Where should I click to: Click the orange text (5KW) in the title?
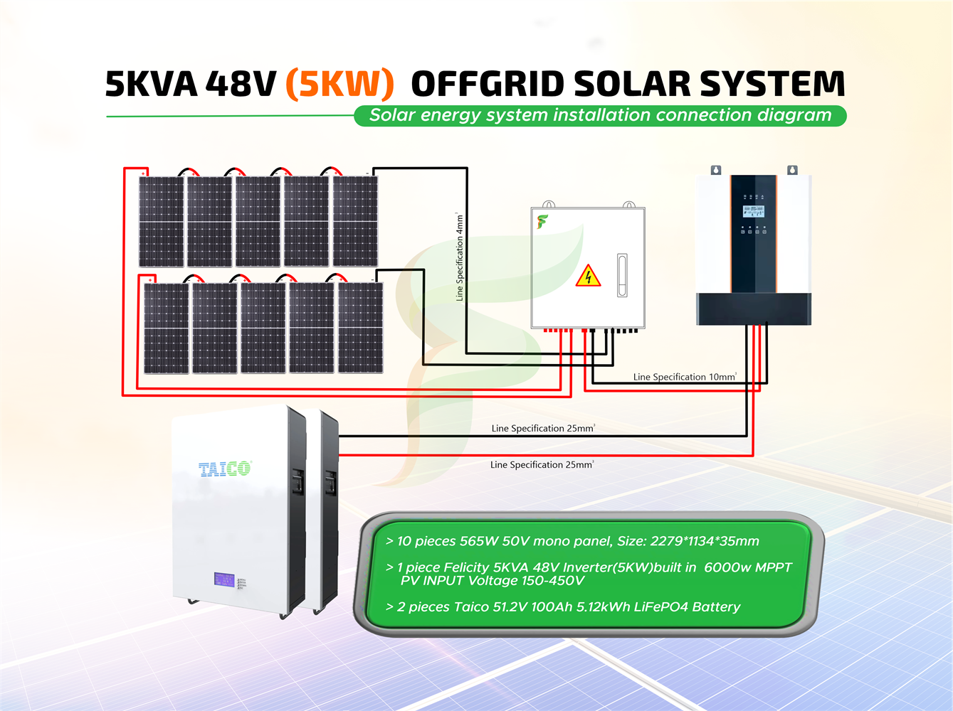[339, 84]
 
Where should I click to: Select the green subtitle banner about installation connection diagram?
[600, 115]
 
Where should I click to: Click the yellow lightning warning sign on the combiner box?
[588, 276]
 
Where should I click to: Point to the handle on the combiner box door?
[622, 275]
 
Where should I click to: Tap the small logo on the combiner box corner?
[542, 222]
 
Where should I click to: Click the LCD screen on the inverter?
[753, 211]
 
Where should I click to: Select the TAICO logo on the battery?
[225, 469]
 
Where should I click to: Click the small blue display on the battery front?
[224, 579]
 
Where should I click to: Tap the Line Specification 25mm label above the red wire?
[543, 428]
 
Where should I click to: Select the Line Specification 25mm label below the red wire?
[542, 465]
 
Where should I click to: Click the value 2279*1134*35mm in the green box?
[705, 541]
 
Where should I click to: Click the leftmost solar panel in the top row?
[162, 221]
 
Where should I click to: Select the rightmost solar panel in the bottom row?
[360, 328]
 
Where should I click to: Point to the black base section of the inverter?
[753, 309]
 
